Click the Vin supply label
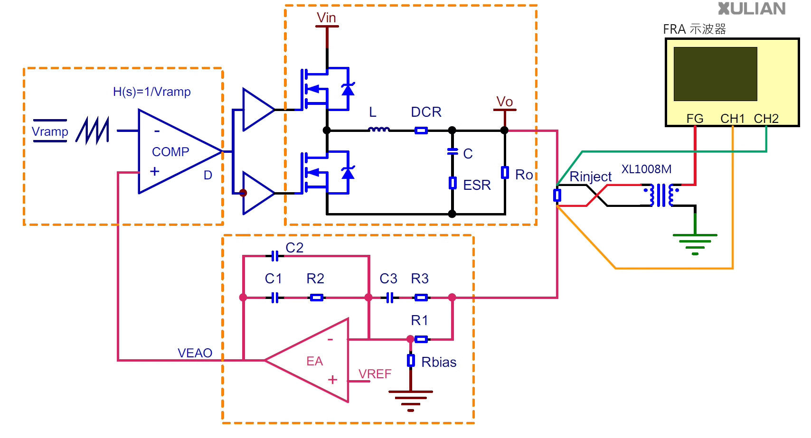coord(326,18)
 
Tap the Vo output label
coord(504,102)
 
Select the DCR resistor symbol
coord(421,130)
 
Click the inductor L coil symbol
coord(379,129)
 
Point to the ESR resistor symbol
coord(452,183)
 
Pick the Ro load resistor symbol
coord(505,172)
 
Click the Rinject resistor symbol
coord(557,196)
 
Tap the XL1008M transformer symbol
coord(662,195)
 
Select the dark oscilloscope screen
coord(715,74)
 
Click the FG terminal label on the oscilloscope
coord(695,119)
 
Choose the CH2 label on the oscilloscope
coord(766,119)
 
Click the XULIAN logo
coord(752,9)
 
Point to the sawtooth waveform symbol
coord(92,130)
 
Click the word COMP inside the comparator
coord(170,152)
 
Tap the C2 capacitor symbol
coord(275,256)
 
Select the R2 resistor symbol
coord(316,298)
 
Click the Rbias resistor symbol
coord(411,361)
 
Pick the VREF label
coord(375,374)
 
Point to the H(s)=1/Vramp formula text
coord(151,92)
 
